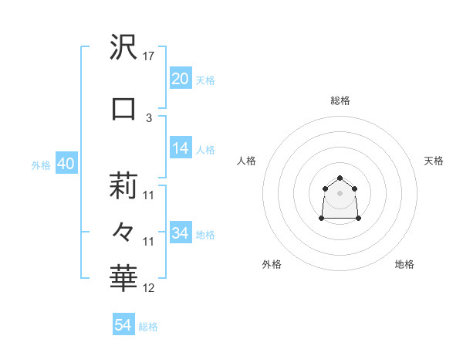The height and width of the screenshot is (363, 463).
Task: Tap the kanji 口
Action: [x=123, y=109]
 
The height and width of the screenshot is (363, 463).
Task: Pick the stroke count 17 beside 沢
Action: [x=149, y=56]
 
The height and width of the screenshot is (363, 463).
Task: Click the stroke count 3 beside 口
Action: [x=149, y=117]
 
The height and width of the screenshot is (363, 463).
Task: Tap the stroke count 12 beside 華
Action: [x=149, y=288]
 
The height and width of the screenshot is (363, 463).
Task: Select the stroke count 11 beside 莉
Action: [x=149, y=195]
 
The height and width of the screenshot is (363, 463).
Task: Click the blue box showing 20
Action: [x=181, y=79]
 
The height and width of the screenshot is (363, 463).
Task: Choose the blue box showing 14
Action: [x=181, y=149]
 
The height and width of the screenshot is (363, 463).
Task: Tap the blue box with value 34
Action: [x=181, y=233]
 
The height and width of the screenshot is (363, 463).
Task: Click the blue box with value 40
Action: [x=66, y=165]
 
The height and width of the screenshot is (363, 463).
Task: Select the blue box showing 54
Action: [x=123, y=325]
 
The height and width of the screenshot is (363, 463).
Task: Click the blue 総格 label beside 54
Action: [x=148, y=327]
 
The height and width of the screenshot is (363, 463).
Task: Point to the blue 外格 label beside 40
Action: [x=41, y=165]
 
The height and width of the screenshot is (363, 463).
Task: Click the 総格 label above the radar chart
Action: [x=340, y=100]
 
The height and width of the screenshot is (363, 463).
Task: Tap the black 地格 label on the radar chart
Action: [x=404, y=265]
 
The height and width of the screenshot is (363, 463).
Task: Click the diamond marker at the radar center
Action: [x=340, y=192]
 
